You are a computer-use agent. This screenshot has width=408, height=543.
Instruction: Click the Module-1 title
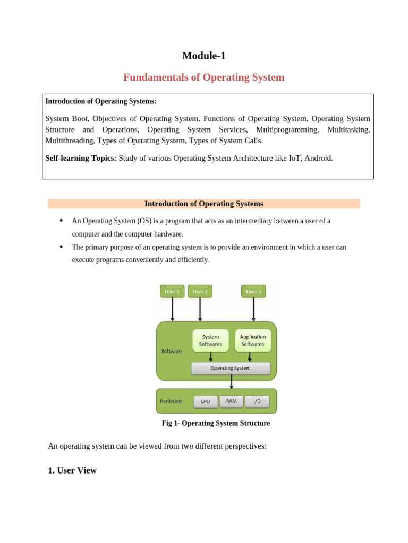point(204,56)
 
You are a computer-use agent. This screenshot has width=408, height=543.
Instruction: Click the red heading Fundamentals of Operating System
point(204,77)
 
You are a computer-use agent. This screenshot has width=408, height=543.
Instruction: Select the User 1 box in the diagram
point(172,291)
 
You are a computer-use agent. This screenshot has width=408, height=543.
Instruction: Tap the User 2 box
point(200,291)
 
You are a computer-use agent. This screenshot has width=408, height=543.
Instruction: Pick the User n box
point(253,291)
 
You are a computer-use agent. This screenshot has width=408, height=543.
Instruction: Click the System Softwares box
point(210,340)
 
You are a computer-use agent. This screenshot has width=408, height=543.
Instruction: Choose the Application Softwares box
point(253,340)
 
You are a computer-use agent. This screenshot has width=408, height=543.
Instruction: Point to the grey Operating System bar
point(231,368)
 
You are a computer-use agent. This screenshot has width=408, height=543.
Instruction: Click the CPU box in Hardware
point(205,401)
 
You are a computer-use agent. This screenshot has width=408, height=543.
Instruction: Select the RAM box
point(231,401)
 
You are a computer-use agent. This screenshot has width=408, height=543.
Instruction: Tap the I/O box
point(257,401)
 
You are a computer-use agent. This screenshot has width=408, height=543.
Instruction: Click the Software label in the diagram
point(171,351)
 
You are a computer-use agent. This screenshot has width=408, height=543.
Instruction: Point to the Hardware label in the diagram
point(171,401)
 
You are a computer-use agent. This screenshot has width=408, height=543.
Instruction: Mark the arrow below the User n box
point(253,309)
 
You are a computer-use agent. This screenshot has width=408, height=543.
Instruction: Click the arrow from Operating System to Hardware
point(231,382)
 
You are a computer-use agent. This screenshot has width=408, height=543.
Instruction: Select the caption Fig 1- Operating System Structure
point(216,423)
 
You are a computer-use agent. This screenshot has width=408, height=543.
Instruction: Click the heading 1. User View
point(72,470)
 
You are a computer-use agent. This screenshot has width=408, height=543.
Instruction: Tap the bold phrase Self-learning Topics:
point(81,158)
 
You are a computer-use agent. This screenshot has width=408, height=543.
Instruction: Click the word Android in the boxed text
point(318,158)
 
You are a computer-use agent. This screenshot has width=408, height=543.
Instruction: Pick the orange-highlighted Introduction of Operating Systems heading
point(204,204)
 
